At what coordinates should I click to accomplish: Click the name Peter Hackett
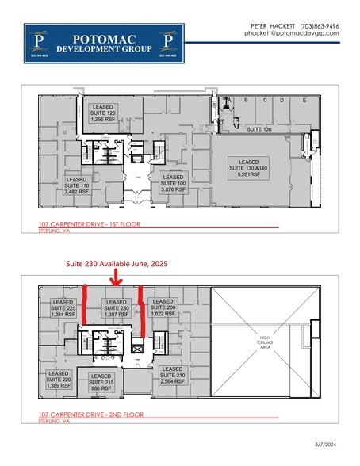pos(267,25)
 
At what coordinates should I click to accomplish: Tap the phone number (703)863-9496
pos(320,25)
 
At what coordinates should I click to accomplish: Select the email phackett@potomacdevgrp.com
pos(291,33)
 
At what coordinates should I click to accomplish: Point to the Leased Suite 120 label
pos(103,113)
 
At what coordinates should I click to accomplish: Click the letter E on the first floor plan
pos(304,101)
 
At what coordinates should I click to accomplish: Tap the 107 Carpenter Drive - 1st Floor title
pos(90,225)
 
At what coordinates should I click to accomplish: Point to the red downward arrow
pos(116,277)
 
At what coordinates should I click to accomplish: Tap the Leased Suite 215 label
pos(101,383)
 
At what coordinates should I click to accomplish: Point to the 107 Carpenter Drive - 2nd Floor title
pos(90,415)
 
